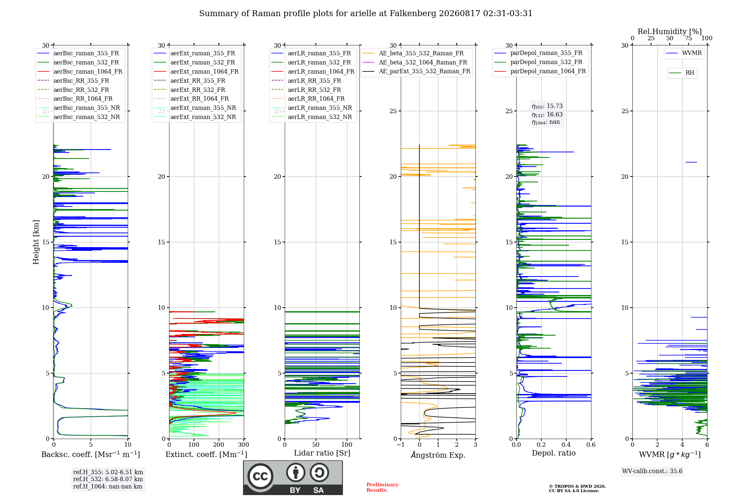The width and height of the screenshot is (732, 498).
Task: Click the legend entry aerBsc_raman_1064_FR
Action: [80, 71]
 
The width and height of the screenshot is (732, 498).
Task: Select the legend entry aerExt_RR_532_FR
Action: [190, 90]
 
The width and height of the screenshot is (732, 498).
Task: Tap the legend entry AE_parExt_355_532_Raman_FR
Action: [417, 71]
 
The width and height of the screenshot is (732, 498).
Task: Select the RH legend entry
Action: [682, 73]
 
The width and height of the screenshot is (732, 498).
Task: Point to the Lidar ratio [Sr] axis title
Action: [322, 453]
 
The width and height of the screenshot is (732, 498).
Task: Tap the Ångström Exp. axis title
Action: [438, 455]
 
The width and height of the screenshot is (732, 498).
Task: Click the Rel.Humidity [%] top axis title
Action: [670, 31]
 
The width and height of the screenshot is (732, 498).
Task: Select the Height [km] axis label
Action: [36, 242]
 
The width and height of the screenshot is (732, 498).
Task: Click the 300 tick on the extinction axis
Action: [243, 445]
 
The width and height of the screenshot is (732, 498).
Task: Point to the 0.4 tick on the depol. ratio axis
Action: [566, 445]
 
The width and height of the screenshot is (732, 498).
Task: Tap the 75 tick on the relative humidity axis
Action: [688, 38]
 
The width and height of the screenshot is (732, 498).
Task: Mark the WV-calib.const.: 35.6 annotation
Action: [652, 471]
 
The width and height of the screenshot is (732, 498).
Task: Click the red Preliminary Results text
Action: [382, 487]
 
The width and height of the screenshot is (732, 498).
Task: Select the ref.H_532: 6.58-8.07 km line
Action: [108, 479]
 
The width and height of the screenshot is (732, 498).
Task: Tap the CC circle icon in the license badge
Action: [260, 476]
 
